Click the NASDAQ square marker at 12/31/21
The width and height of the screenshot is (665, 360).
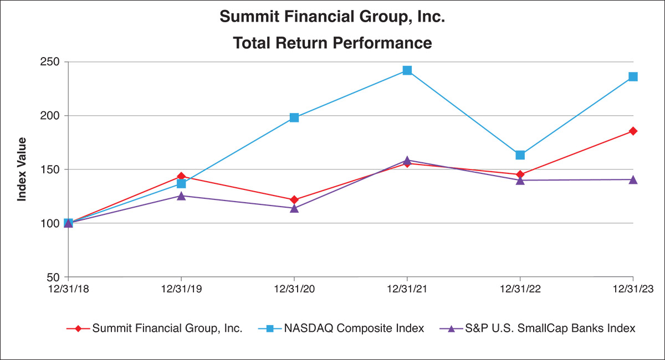[x=407, y=70]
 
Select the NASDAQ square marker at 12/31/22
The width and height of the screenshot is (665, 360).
[x=520, y=155]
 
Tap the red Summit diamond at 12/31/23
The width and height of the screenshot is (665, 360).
[x=633, y=131]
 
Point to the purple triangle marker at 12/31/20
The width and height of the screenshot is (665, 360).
[x=294, y=208]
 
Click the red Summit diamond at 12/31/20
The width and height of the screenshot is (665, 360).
[x=294, y=199]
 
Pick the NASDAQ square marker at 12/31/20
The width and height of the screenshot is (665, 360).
[x=294, y=117]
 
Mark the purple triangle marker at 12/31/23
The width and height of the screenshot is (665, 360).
[x=633, y=179]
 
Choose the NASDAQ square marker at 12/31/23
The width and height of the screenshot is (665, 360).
[x=633, y=76]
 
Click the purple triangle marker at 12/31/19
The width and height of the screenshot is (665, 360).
[x=181, y=196]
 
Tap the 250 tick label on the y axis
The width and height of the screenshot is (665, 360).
[x=49, y=62]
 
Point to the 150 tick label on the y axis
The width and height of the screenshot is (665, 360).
[x=49, y=169]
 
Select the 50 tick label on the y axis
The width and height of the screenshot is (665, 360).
[x=52, y=277]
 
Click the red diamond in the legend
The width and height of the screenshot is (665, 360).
[x=78, y=328]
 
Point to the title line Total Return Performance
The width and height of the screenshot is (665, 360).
[x=332, y=43]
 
